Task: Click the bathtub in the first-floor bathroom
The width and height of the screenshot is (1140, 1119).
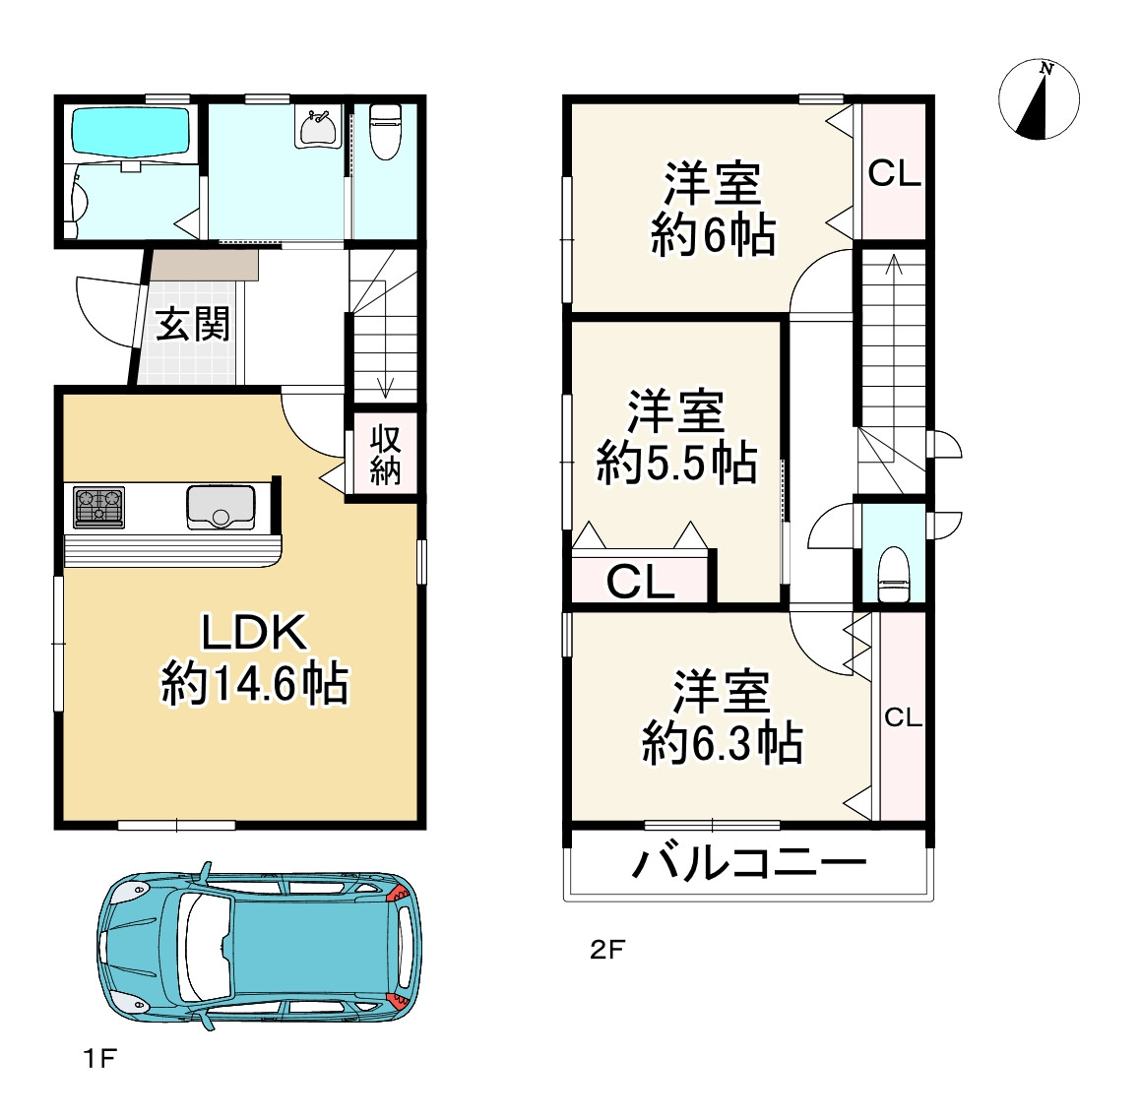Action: [131, 130]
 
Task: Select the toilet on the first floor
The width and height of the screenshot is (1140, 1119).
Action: [385, 132]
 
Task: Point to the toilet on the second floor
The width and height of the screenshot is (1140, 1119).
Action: [893, 575]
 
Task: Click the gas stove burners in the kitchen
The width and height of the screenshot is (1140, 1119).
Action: [98, 507]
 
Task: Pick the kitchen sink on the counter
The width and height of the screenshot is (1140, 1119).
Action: [222, 507]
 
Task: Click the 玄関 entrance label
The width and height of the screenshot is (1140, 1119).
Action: [193, 324]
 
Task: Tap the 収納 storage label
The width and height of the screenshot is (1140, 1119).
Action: [385, 455]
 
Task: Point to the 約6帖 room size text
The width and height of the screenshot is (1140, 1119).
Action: [713, 234]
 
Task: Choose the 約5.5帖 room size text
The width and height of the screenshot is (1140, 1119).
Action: [676, 463]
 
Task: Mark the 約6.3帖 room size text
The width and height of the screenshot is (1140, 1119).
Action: [722, 743]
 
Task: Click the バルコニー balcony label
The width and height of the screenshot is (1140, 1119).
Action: [749, 863]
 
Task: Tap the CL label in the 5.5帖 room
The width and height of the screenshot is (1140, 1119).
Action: [640, 582]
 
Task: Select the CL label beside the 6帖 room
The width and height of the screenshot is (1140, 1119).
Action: [894, 173]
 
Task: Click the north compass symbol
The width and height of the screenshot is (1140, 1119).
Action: [1039, 98]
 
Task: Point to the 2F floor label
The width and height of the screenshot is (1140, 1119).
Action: [607, 950]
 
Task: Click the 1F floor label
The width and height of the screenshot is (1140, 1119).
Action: [99, 1059]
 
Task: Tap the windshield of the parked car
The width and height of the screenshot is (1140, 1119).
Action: [206, 947]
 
